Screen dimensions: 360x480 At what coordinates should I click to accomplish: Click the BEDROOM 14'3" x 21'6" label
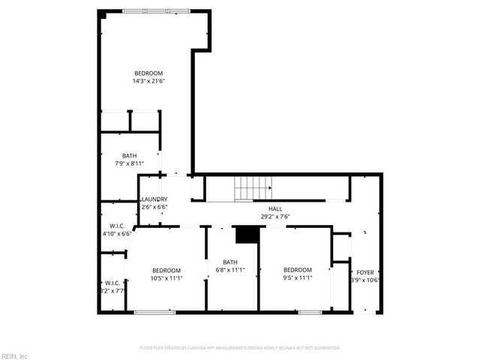click(x=148, y=73)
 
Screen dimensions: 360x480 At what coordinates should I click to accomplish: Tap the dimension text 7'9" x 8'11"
click(x=129, y=163)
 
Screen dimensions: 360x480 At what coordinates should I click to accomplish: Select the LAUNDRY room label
click(x=153, y=199)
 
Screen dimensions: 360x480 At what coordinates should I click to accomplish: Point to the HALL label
click(x=275, y=208)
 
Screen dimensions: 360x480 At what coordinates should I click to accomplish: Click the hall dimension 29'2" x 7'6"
click(x=275, y=217)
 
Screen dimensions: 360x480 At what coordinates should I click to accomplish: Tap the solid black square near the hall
click(x=245, y=235)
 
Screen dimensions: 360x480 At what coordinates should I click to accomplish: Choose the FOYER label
click(x=365, y=272)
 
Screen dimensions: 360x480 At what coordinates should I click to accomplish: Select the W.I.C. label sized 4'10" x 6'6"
click(x=116, y=226)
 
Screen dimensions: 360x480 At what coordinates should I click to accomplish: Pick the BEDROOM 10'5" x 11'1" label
click(x=166, y=270)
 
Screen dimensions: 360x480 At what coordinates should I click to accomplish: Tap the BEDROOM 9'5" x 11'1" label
click(x=297, y=270)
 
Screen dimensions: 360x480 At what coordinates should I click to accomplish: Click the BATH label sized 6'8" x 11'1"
click(x=230, y=262)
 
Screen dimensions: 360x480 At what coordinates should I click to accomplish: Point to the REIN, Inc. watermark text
click(x=15, y=355)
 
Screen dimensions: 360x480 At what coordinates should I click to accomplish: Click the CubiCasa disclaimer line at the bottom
click(x=240, y=348)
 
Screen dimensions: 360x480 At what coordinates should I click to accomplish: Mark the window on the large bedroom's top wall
click(x=157, y=10)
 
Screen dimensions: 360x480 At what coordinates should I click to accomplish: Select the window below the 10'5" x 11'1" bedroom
click(x=154, y=311)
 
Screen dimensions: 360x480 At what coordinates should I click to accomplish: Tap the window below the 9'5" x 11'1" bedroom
click(x=310, y=311)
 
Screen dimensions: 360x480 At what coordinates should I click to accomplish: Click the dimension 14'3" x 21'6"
click(x=148, y=81)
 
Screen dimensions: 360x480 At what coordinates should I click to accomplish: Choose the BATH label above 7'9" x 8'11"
click(x=130, y=155)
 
